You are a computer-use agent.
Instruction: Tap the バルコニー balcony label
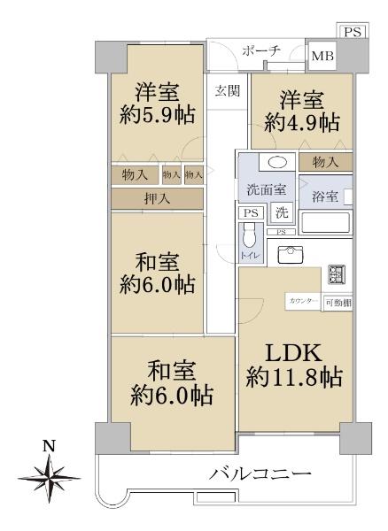(x=260, y=474)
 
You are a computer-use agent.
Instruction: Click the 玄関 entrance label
(x=227, y=90)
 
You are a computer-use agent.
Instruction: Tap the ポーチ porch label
(x=261, y=51)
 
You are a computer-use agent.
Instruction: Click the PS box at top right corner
(x=353, y=32)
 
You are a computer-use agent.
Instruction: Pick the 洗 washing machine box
(x=281, y=212)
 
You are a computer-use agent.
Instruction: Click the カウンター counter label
(x=301, y=302)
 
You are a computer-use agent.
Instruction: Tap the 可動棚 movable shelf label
(x=337, y=302)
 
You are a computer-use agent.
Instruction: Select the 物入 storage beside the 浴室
(x=324, y=161)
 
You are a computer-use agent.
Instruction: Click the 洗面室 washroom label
(x=265, y=189)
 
